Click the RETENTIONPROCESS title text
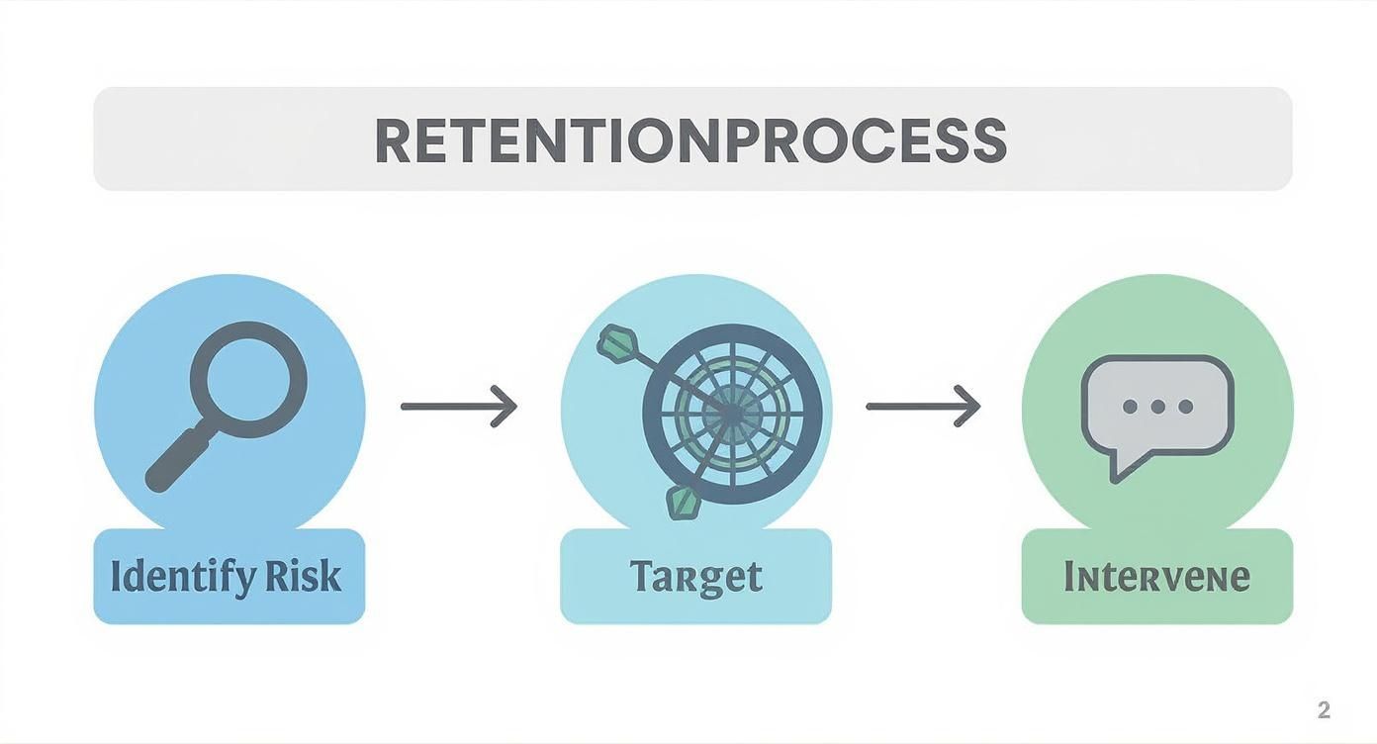pyautogui.click(x=690, y=140)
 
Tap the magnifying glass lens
pyautogui.click(x=247, y=379)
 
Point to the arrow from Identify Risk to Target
pyautogui.click(x=458, y=407)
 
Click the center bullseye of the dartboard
pyautogui.click(x=731, y=414)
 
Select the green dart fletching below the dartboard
pyautogui.click(x=683, y=502)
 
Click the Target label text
pyautogui.click(x=695, y=577)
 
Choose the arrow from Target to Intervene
pyautogui.click(x=922, y=407)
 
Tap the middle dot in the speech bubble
pyautogui.click(x=1157, y=407)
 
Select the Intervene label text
pyautogui.click(x=1156, y=577)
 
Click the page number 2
pyautogui.click(x=1324, y=709)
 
